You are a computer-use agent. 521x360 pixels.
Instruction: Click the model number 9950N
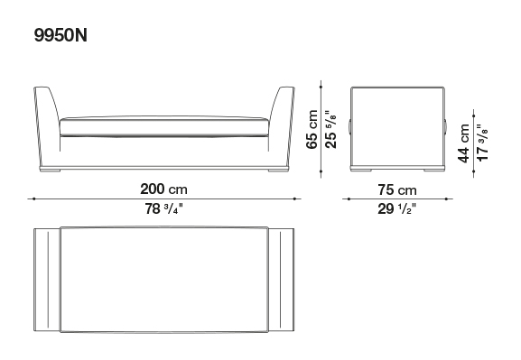pos(60,35)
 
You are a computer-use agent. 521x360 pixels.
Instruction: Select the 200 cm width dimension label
pos(163,189)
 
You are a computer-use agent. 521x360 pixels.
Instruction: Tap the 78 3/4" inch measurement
pos(163,209)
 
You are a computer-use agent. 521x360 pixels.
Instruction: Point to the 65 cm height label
pos(312,130)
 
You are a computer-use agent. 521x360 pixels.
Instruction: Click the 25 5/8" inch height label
pos(331,130)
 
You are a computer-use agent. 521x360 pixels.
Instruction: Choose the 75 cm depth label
pos(397,190)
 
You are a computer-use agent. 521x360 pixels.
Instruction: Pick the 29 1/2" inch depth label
pos(397,209)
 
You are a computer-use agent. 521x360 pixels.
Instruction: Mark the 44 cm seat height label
pos(463,143)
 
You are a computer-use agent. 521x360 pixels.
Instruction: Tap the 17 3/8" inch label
pos(482,143)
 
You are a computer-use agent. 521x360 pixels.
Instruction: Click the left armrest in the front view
pos(47,126)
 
